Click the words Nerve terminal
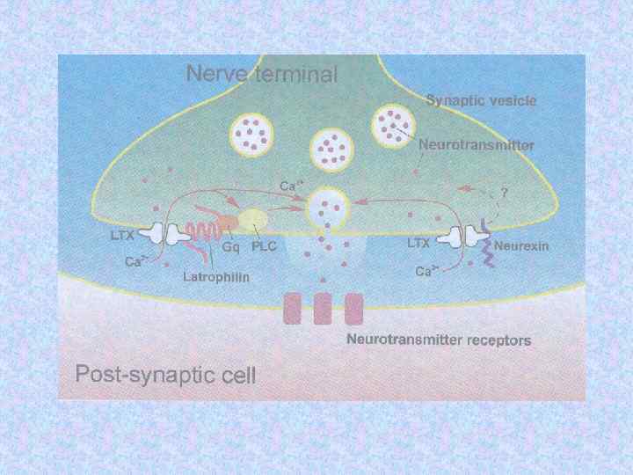261,74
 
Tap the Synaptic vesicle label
481,100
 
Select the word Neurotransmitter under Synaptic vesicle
476,143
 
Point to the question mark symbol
505,190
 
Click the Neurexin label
520,246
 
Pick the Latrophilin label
216,276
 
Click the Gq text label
231,247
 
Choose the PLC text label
264,247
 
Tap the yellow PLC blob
254,220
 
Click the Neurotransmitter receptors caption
438,339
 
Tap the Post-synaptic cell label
165,376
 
